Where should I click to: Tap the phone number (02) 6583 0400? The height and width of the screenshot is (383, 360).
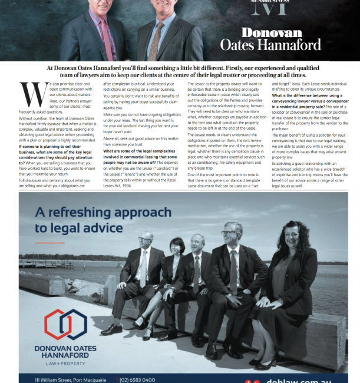136,379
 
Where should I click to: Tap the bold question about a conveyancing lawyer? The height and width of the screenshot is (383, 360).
306,99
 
